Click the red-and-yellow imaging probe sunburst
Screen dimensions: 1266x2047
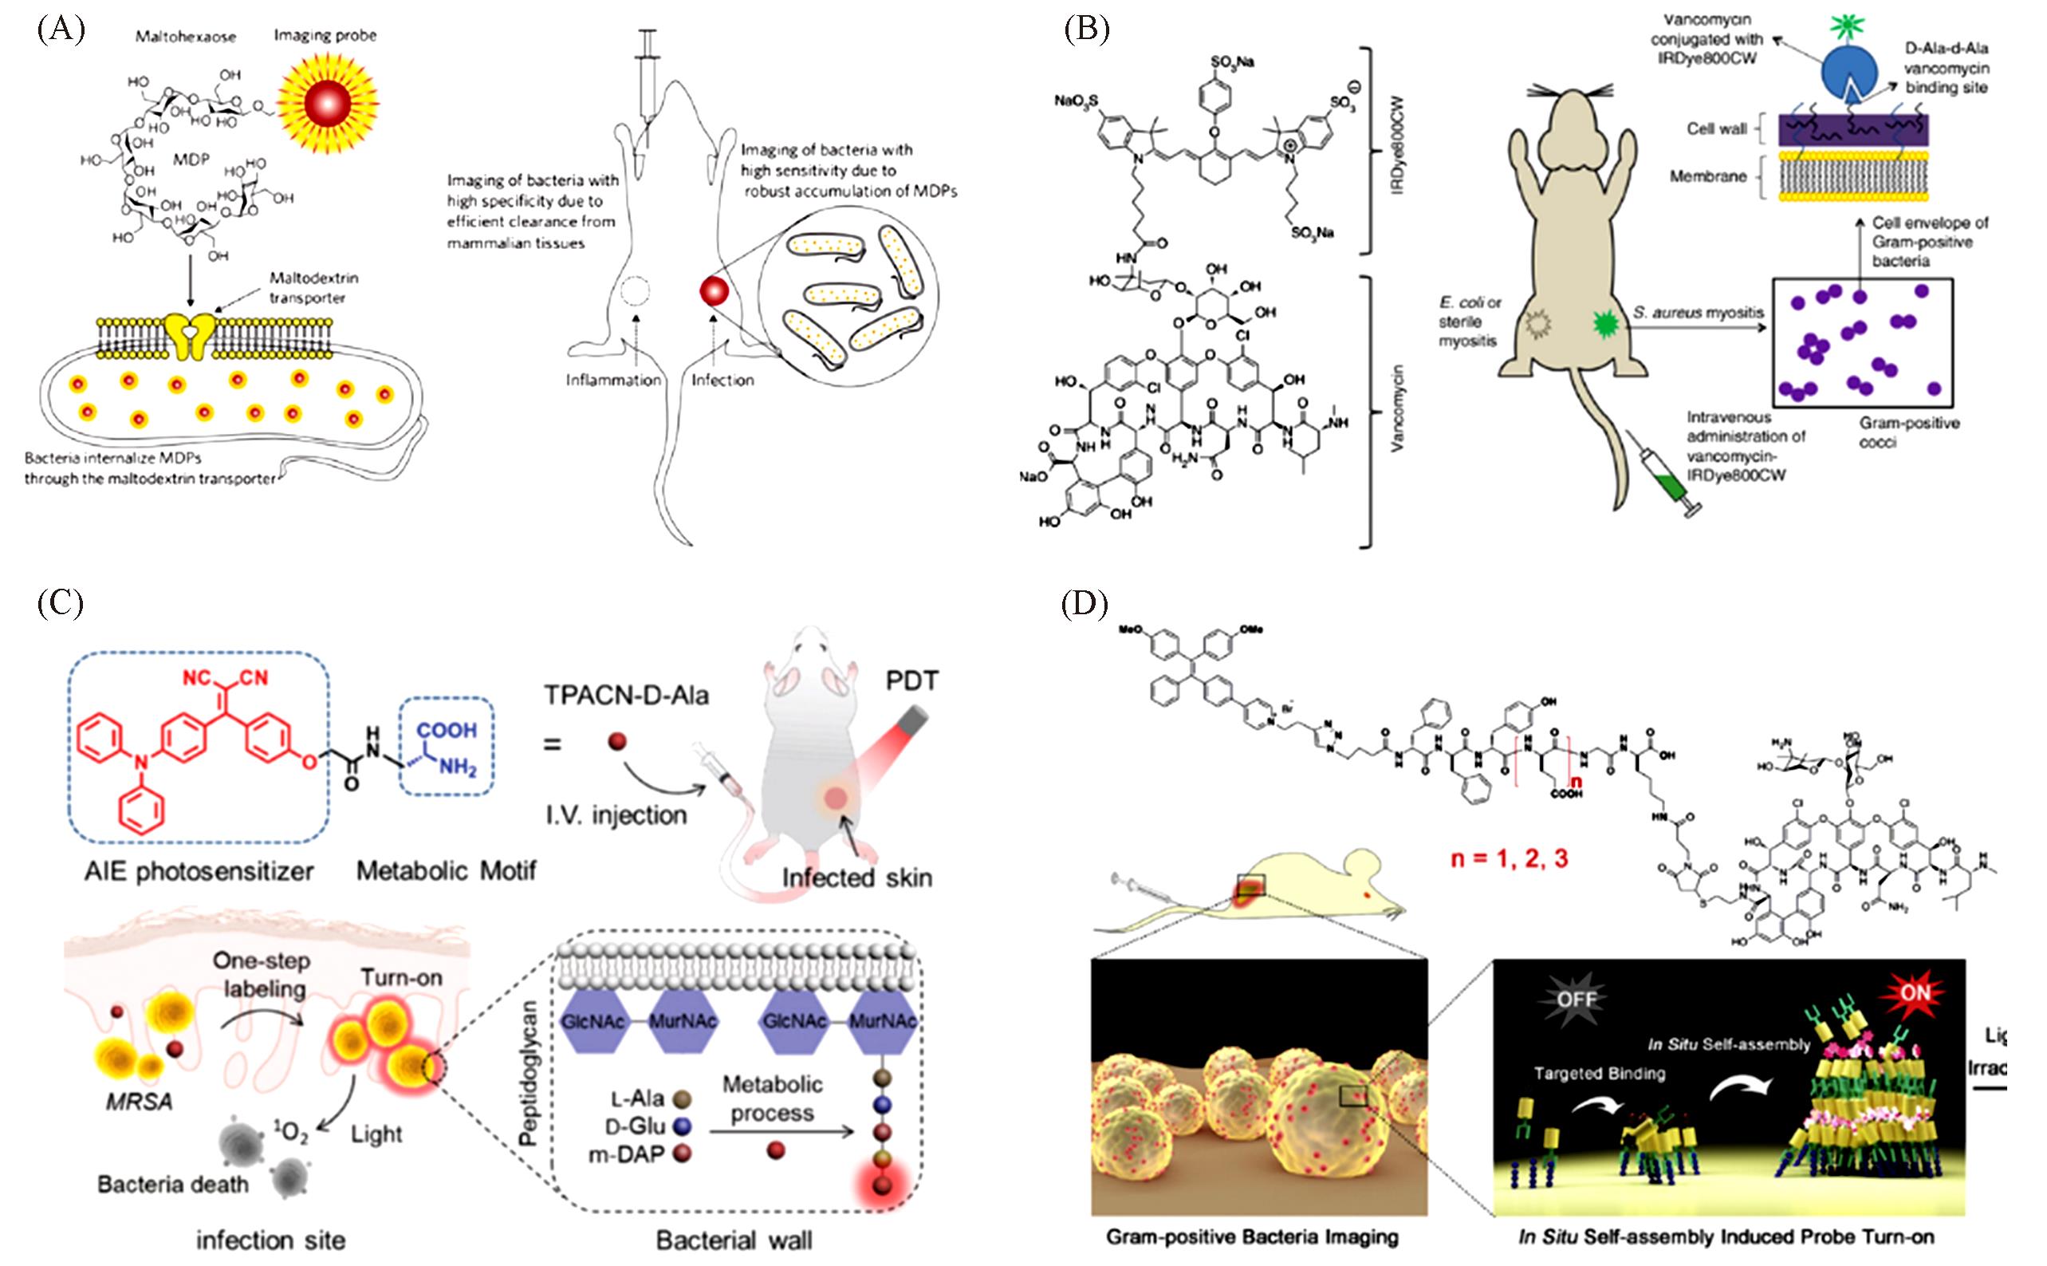point(327,102)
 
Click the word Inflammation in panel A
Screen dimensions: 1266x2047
point(612,381)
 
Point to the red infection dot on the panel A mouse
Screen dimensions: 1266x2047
point(714,292)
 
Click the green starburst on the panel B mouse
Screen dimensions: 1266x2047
point(1604,323)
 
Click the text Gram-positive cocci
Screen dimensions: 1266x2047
point(1909,432)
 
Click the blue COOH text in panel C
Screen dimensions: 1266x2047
point(447,730)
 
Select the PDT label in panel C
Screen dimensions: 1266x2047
point(911,680)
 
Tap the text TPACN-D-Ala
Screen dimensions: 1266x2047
point(626,695)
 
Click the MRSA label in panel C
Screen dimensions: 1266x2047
point(139,1101)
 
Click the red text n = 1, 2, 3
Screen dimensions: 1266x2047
point(1508,858)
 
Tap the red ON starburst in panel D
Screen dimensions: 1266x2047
point(1914,994)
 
